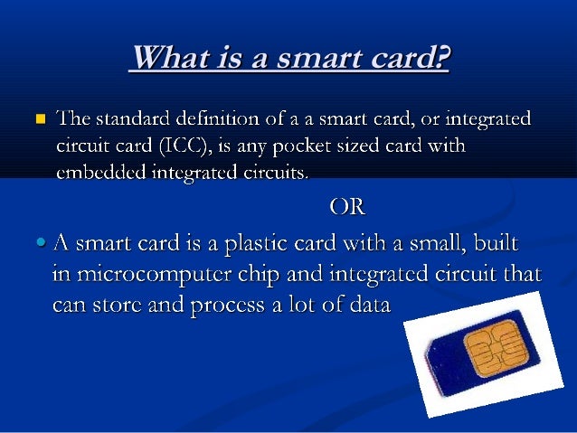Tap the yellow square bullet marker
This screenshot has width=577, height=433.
click(40, 119)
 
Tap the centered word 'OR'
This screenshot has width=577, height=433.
click(347, 207)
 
